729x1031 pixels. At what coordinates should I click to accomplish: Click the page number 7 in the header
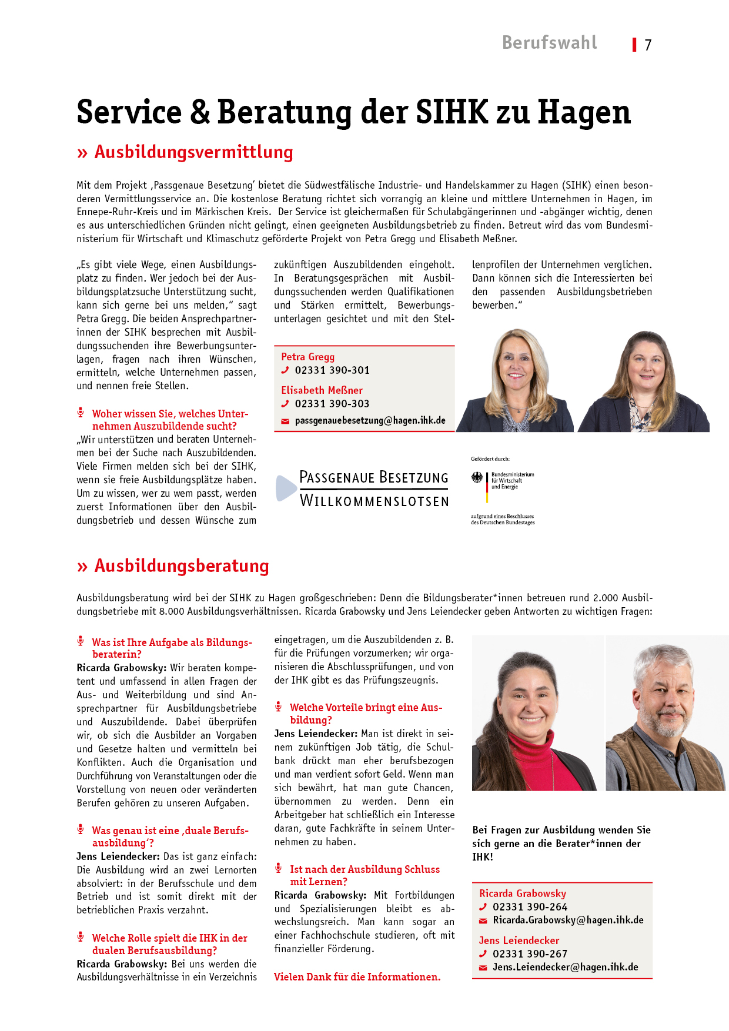648,45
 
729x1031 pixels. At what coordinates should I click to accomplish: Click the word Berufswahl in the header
549,43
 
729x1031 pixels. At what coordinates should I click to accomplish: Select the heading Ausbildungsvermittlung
193,152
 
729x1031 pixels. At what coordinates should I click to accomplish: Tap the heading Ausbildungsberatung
182,566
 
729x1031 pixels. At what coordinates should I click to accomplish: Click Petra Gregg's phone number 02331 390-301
332,370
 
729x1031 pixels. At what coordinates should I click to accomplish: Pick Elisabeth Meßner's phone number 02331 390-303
332,404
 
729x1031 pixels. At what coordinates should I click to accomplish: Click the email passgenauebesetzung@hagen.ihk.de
370,421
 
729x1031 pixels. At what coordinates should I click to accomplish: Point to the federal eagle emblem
477,478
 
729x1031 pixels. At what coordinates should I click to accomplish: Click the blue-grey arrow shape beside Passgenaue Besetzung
285,488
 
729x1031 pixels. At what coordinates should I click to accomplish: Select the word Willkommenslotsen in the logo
374,501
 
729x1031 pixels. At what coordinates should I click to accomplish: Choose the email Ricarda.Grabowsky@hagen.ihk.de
568,920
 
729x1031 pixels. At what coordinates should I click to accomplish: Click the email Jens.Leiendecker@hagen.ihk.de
565,968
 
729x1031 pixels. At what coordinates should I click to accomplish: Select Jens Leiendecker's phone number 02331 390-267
530,954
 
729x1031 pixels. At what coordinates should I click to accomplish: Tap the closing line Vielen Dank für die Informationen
357,977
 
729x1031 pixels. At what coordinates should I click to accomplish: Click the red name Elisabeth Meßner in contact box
322,390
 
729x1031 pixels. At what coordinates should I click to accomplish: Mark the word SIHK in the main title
452,112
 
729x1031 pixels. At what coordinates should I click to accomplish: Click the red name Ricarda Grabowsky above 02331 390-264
522,893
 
